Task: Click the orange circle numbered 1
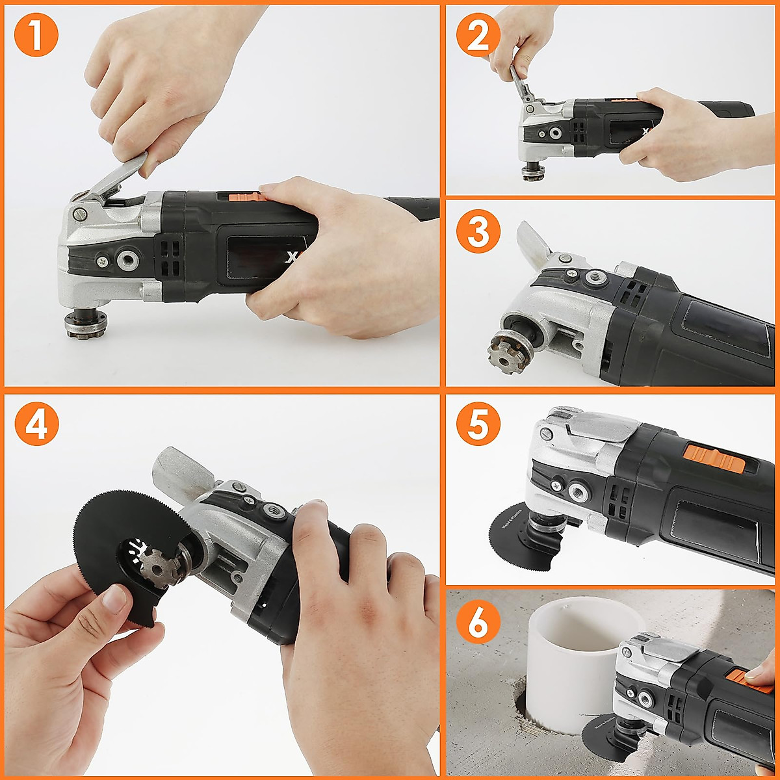pos(36,35)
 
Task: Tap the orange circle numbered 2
pos(478,35)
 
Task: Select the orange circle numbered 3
pos(478,231)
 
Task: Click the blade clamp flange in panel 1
pos(81,324)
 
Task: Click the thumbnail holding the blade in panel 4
pos(116,599)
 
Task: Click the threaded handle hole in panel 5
pos(578,492)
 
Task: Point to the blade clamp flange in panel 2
pos(533,173)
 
